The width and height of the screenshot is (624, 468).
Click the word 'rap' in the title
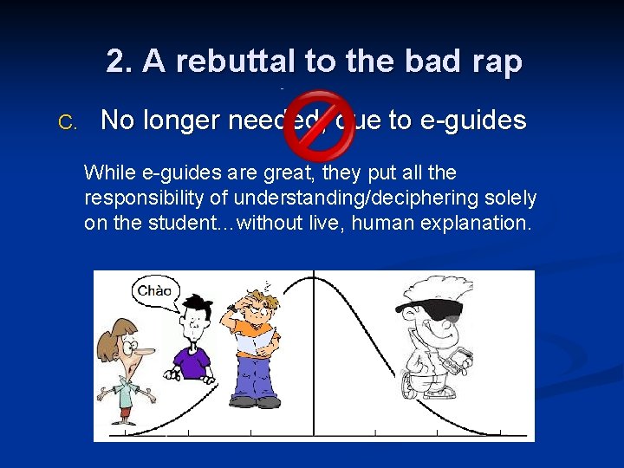497,62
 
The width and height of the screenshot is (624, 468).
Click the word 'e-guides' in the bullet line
472,120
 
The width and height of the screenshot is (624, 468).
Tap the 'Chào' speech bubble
155,291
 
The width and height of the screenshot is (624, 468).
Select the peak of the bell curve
313,276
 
